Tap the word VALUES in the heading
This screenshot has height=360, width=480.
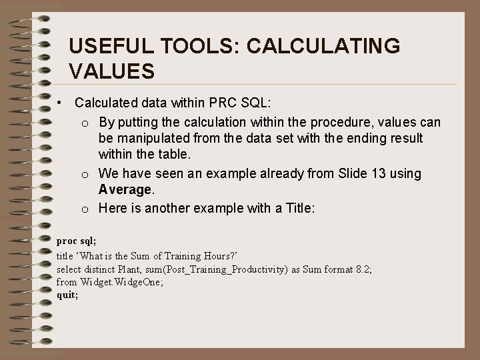[112, 70]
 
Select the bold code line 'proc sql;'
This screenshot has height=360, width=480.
[77, 240]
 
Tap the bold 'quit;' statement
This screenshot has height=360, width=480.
[68, 295]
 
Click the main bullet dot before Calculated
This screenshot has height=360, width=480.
[60, 103]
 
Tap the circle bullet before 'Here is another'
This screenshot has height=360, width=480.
[86, 208]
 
